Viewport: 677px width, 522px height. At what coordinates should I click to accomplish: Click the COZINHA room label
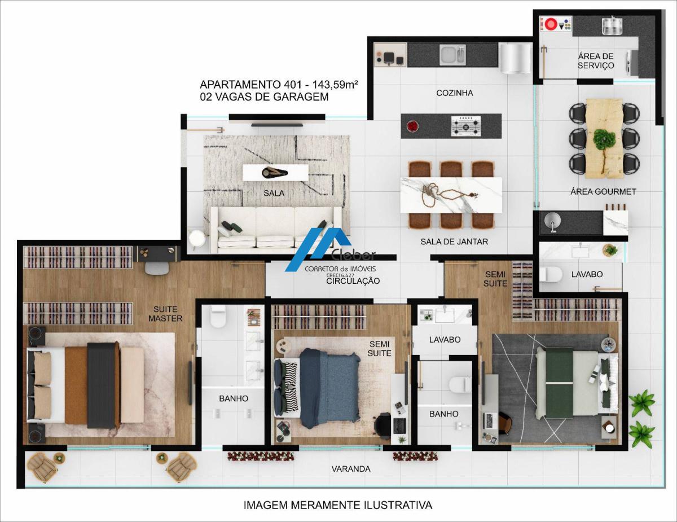[x=455, y=93]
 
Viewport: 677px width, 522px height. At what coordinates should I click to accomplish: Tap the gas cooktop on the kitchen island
[x=466, y=126]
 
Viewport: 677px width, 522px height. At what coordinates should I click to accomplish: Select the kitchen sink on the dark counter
[x=452, y=55]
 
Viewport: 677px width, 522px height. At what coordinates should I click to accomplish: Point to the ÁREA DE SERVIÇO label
[x=596, y=61]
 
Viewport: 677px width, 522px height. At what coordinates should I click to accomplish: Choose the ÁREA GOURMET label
[x=603, y=192]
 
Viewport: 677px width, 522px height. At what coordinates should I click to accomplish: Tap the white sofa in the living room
[x=275, y=230]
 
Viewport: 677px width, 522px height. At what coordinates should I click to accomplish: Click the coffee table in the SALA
[x=275, y=173]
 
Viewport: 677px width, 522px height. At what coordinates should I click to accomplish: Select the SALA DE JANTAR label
[x=454, y=242]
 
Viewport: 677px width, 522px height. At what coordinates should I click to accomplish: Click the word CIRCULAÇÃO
[x=353, y=281]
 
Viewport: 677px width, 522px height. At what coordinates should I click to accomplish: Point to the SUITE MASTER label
[x=165, y=314]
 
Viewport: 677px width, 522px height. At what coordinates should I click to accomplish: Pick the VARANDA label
[x=351, y=469]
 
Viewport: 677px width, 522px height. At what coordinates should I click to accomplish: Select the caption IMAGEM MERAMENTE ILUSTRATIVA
[x=338, y=505]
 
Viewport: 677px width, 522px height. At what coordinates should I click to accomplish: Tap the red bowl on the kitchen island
[x=412, y=126]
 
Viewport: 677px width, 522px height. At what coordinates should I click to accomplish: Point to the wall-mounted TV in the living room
[x=277, y=125]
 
